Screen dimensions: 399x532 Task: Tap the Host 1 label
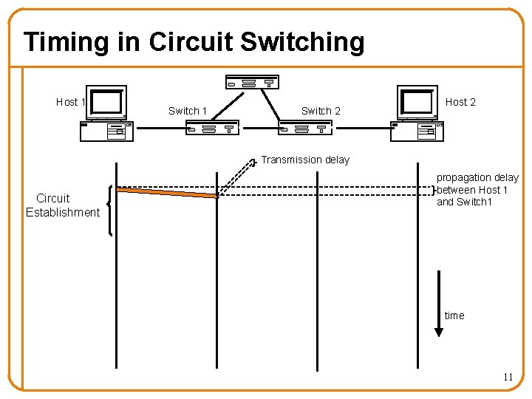point(71,102)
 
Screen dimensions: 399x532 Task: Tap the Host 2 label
point(460,102)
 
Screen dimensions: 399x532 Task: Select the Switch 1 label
point(188,111)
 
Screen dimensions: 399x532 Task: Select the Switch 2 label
point(321,111)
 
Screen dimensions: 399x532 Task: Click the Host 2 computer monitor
point(417,102)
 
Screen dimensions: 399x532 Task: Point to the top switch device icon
point(252,82)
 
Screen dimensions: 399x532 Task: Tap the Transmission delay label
point(305,160)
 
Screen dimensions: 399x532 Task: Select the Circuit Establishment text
point(62,205)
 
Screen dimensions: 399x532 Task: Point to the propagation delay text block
point(477,190)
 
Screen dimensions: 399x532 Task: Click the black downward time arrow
point(439,303)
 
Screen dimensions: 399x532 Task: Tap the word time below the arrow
point(454,316)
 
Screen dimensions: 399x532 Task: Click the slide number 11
point(508,377)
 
